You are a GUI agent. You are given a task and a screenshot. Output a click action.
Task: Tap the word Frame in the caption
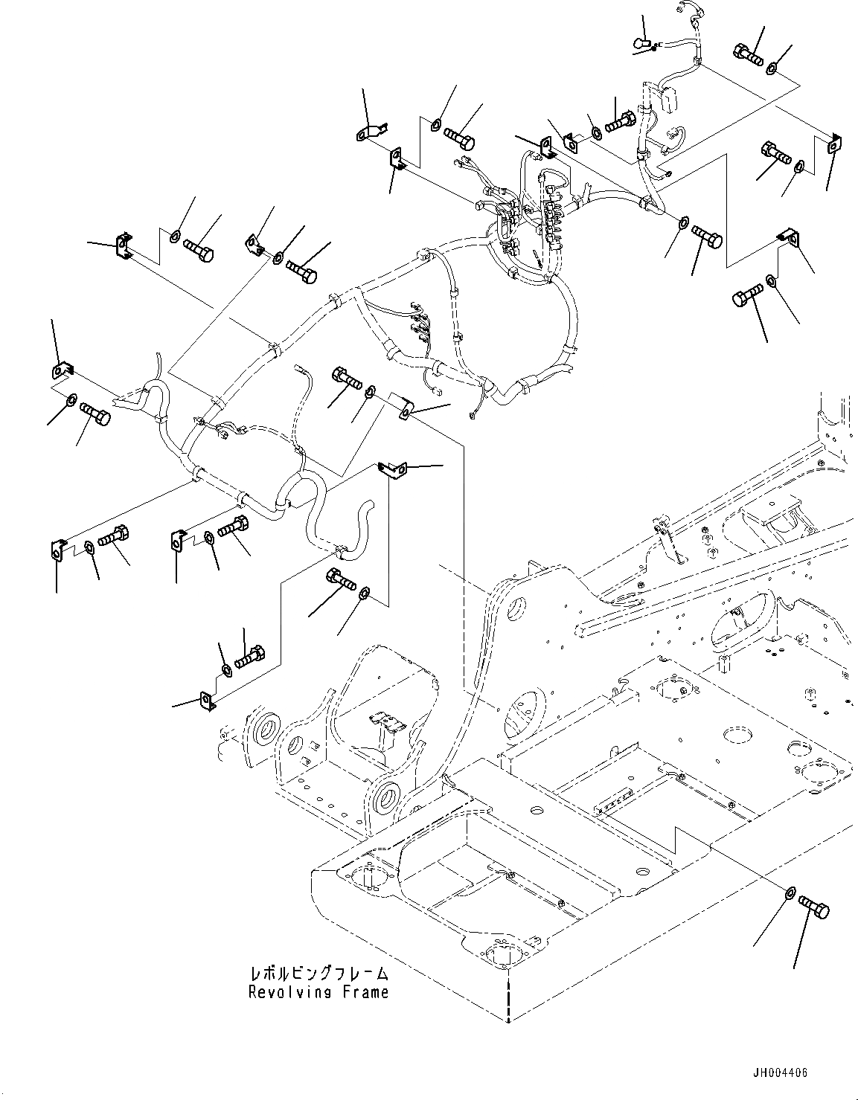coord(366,991)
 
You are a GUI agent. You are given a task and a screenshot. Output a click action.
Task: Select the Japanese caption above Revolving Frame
coord(318,973)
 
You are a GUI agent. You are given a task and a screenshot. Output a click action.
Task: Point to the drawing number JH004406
coord(778,1073)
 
